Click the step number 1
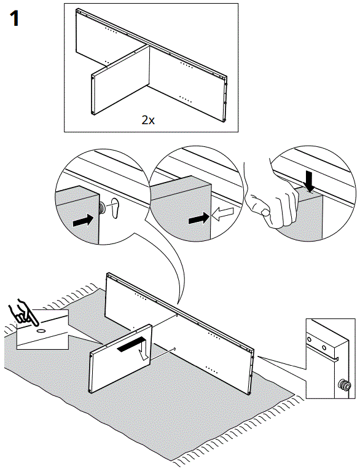click(x=15, y=18)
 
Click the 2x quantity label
click(x=148, y=120)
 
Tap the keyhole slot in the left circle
click(x=115, y=208)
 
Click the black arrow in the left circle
click(x=82, y=220)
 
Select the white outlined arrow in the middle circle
click(x=223, y=215)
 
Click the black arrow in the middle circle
click(x=199, y=218)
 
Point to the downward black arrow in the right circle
click(x=310, y=181)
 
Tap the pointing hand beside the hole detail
click(x=25, y=312)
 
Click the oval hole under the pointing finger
click(x=41, y=331)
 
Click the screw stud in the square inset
click(x=345, y=385)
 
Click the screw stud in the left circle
click(x=102, y=208)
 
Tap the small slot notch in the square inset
click(x=337, y=359)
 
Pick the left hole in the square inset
click(x=308, y=339)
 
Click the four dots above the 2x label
click(x=186, y=98)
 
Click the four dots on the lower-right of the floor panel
click(x=211, y=369)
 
